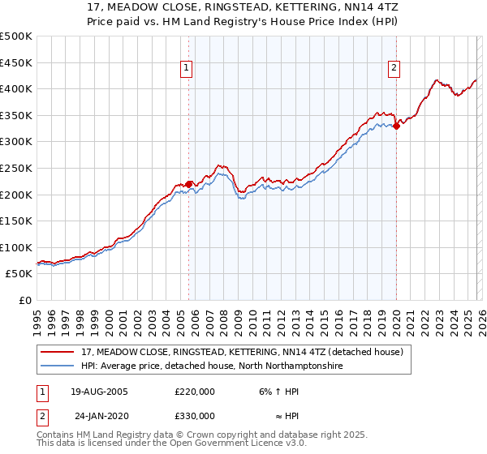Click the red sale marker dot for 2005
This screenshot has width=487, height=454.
click(189, 184)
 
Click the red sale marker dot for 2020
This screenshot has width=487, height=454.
click(396, 126)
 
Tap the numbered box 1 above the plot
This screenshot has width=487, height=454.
click(187, 69)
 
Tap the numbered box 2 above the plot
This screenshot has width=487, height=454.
click(394, 69)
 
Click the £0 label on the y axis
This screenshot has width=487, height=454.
click(25, 300)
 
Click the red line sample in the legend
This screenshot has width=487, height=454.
click(59, 352)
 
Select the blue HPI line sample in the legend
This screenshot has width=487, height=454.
click(59, 366)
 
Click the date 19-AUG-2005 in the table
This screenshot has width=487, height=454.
click(100, 391)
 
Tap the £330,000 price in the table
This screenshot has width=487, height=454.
click(195, 415)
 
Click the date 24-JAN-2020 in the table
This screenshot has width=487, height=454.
click(100, 415)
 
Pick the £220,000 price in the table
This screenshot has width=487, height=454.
click(195, 391)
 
